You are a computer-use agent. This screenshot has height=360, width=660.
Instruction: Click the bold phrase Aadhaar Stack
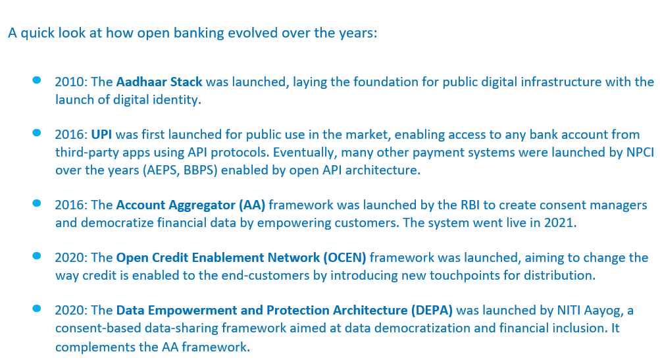[159, 82]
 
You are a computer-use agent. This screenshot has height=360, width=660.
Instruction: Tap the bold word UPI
[101, 134]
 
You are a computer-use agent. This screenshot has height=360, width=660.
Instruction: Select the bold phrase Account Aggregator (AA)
[191, 205]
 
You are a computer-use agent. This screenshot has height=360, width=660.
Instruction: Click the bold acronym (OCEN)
[345, 258]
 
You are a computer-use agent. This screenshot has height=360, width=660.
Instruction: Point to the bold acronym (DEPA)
[432, 311]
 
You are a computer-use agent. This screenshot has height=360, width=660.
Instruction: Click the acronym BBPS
[200, 170]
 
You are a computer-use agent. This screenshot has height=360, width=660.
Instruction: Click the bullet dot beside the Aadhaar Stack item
[37, 80]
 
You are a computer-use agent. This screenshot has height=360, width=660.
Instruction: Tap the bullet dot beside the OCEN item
[37, 255]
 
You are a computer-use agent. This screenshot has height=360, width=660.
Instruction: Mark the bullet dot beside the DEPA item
[37, 308]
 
